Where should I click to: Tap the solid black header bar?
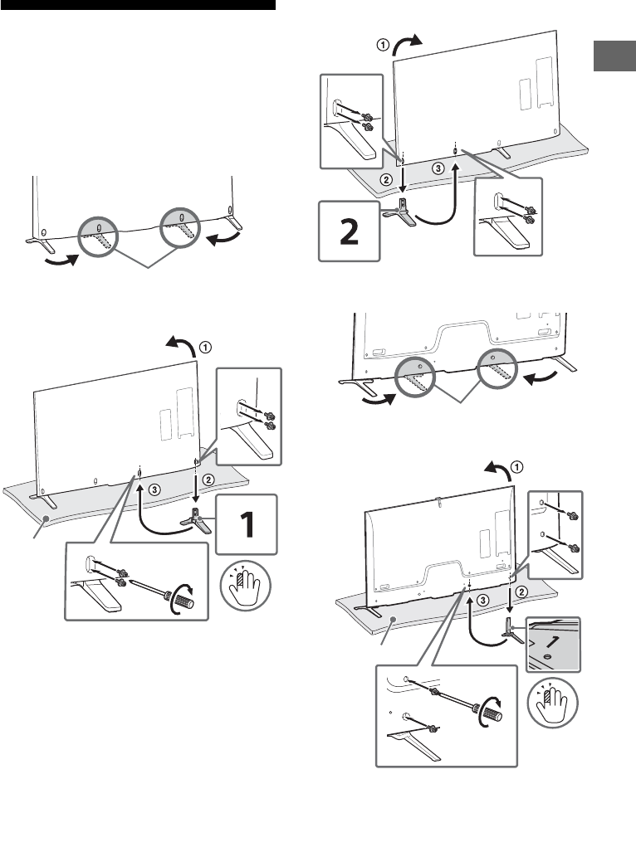pos(137,5)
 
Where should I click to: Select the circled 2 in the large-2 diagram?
pos(384,179)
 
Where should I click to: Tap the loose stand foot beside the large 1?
pos(196,522)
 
